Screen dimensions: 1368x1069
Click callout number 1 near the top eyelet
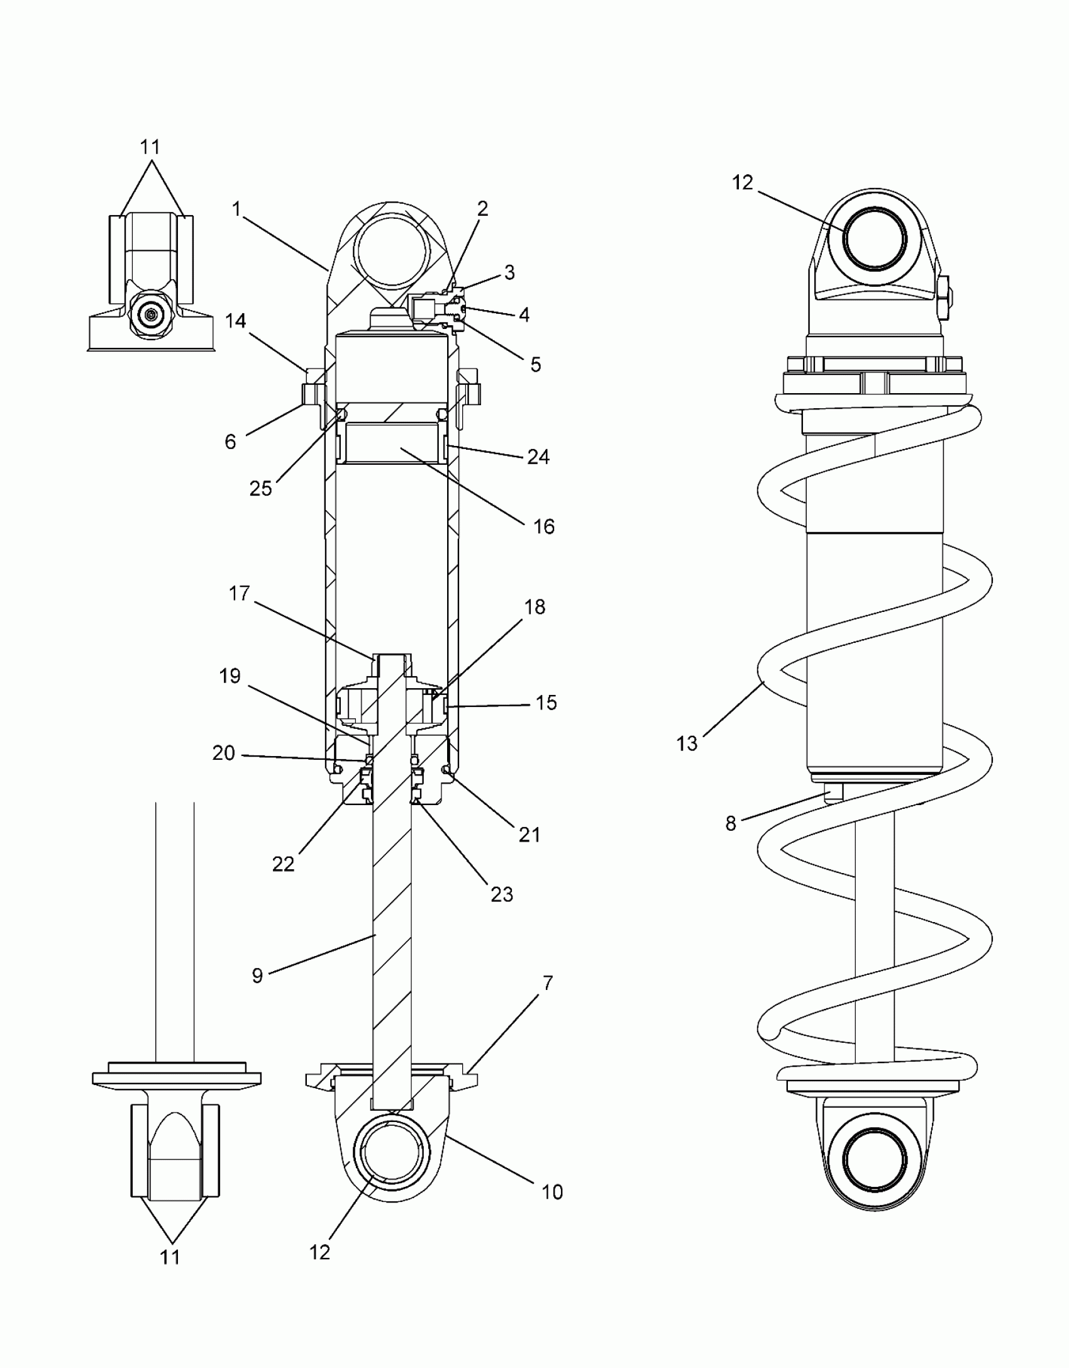[x=236, y=209]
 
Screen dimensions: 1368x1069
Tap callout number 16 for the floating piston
[x=544, y=526]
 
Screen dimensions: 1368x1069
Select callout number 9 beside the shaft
[x=257, y=976]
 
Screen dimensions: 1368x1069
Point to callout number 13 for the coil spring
[x=687, y=743]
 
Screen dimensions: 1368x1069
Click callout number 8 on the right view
[x=731, y=823]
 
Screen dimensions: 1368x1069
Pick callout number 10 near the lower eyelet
[x=552, y=1191]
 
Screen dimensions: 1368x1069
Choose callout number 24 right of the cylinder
[x=538, y=457]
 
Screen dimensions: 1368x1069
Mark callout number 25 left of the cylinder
[x=261, y=488]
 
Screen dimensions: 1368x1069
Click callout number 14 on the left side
[x=236, y=321]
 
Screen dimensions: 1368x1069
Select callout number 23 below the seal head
[x=502, y=894]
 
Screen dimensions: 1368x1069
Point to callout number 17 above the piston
[x=239, y=593]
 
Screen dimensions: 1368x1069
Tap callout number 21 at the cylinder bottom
[x=529, y=835]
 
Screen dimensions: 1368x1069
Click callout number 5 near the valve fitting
[x=536, y=364]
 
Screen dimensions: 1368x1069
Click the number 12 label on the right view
[x=743, y=182]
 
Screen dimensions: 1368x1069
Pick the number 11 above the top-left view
[x=150, y=147]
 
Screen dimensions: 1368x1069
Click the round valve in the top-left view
[x=150, y=314]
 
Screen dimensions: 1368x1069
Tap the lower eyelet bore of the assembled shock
[x=875, y=1159]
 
